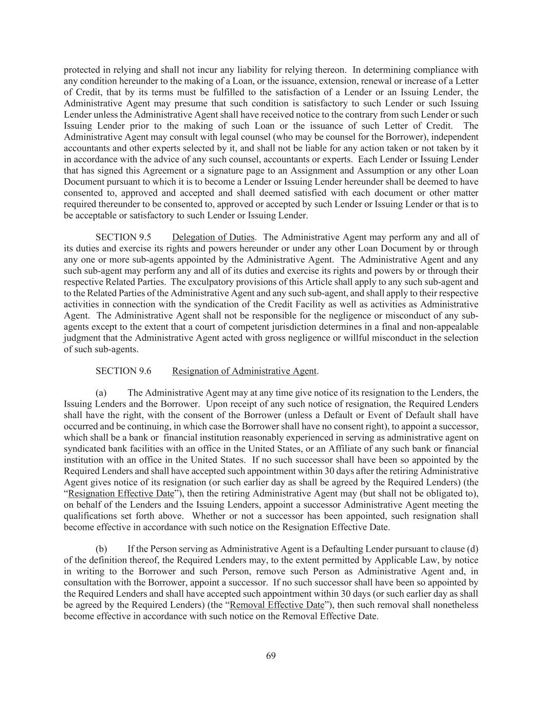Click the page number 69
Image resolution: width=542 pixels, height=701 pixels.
click(271, 655)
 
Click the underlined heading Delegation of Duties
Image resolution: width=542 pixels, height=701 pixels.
click(213, 237)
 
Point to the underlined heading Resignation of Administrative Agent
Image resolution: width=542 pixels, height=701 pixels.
click(245, 371)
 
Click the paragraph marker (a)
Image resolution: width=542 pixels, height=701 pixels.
click(101, 393)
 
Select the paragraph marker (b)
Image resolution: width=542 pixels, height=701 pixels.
click(101, 549)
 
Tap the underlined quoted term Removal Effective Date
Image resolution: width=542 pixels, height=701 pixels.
click(277, 605)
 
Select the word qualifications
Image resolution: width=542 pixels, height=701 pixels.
click(90, 516)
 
